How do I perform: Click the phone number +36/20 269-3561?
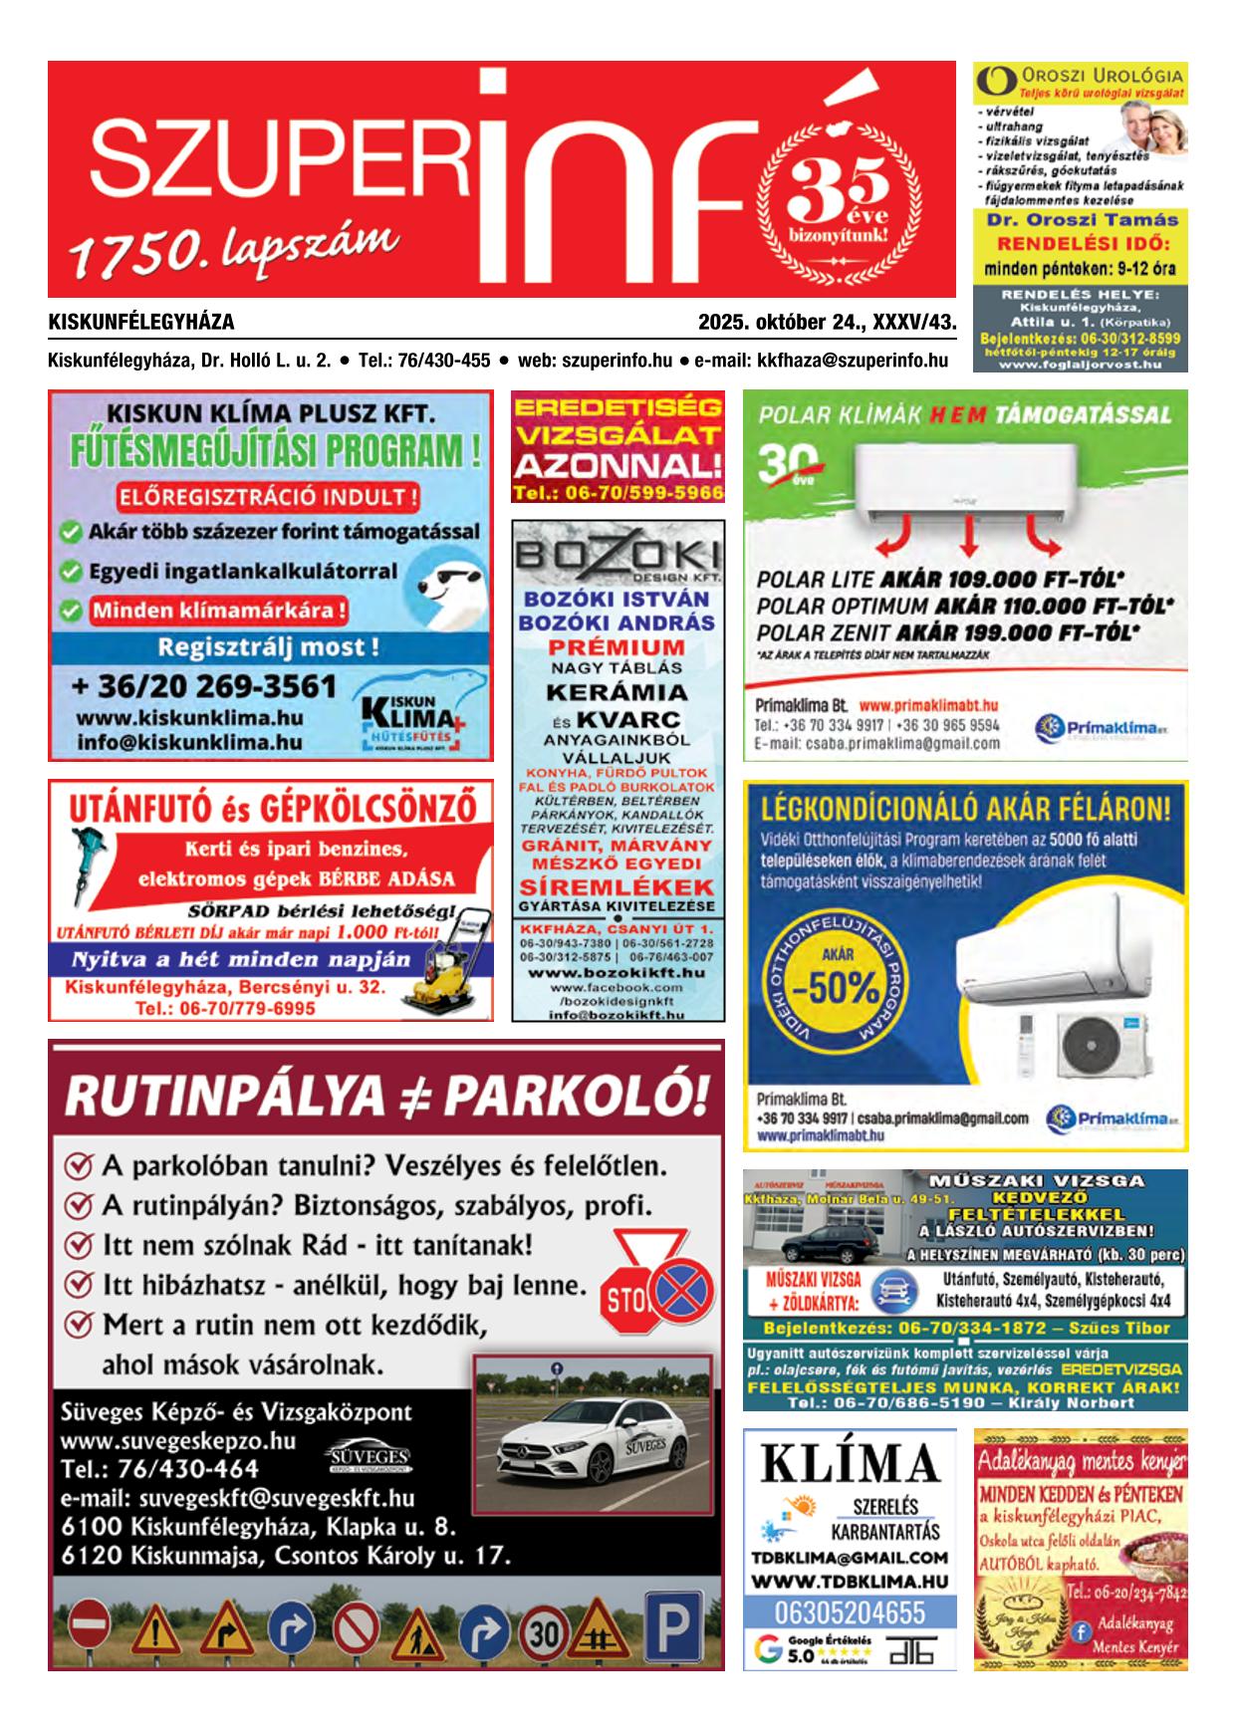point(204,686)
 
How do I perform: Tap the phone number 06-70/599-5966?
point(618,493)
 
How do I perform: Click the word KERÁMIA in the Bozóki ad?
point(617,692)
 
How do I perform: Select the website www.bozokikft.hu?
point(617,971)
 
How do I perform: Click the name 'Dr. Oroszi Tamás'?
point(1080,220)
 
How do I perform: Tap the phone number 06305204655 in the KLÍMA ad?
point(850,1611)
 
